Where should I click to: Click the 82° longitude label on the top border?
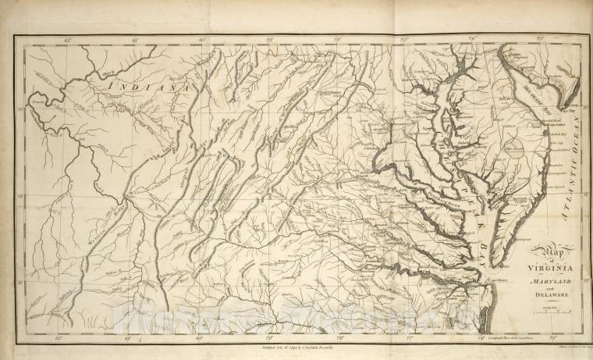click(x=67, y=38)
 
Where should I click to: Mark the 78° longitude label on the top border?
click(x=338, y=38)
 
